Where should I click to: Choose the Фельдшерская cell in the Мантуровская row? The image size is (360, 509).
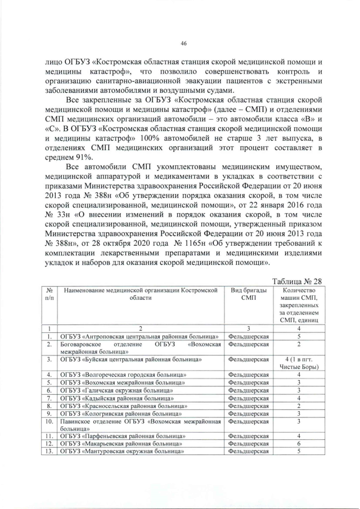coord(248,451)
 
